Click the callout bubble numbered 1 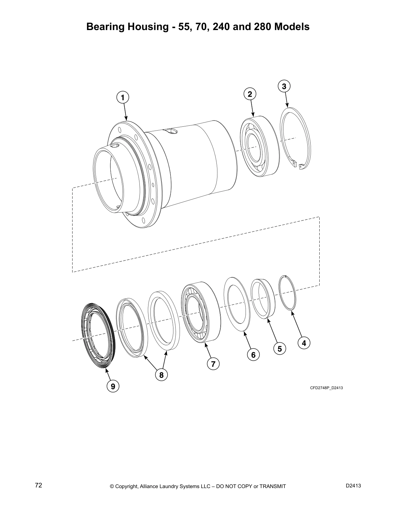[x=122, y=97]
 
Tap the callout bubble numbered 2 [x=249, y=94]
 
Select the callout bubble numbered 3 [x=284, y=86]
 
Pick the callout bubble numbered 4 [x=303, y=343]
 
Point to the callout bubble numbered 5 [x=280, y=349]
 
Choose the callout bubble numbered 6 [x=253, y=355]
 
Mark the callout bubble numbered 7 [x=213, y=364]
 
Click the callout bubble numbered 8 [x=161, y=375]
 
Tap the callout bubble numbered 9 [x=113, y=386]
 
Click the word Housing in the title [x=148, y=27]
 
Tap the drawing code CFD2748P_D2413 [x=326, y=388]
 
